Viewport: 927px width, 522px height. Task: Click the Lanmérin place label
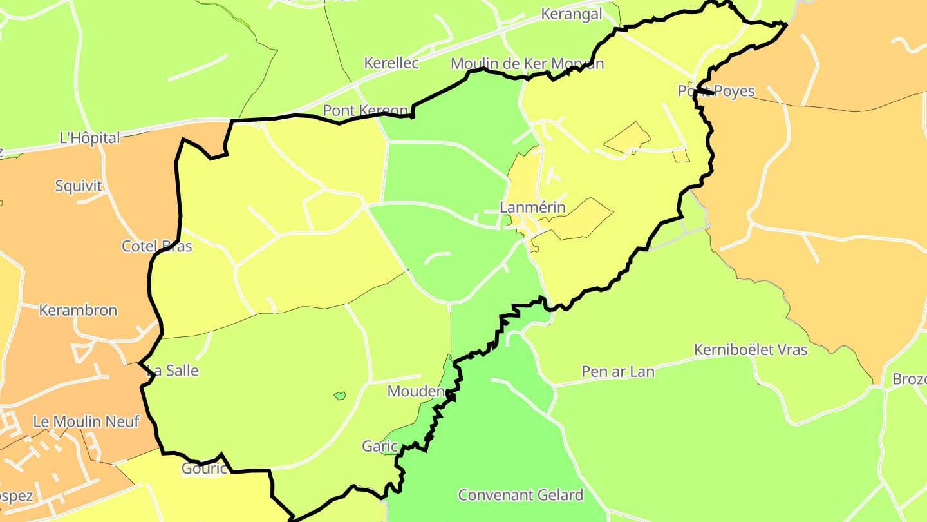click(x=532, y=208)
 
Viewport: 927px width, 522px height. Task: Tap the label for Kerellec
click(x=391, y=63)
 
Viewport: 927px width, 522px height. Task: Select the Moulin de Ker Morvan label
click(x=527, y=64)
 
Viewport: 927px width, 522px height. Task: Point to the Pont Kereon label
click(x=365, y=110)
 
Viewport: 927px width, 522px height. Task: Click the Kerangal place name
click(x=572, y=14)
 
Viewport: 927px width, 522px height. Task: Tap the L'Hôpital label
click(x=89, y=138)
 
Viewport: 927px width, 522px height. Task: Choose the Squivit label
click(x=79, y=186)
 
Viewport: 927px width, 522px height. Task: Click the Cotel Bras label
click(x=156, y=246)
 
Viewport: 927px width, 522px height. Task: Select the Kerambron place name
click(x=78, y=311)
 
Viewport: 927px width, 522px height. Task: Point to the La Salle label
click(x=173, y=371)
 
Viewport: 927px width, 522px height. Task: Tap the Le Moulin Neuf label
click(x=86, y=422)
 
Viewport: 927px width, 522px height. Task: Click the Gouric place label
click(x=205, y=468)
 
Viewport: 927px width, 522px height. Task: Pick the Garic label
click(x=380, y=446)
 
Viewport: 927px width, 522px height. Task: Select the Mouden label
click(x=416, y=391)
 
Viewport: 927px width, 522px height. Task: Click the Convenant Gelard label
click(x=520, y=495)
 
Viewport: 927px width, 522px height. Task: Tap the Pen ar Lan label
click(x=617, y=372)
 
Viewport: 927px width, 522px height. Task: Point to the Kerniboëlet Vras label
click(x=750, y=350)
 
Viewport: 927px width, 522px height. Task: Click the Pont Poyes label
click(x=716, y=91)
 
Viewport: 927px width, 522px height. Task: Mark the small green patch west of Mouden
click(x=340, y=395)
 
